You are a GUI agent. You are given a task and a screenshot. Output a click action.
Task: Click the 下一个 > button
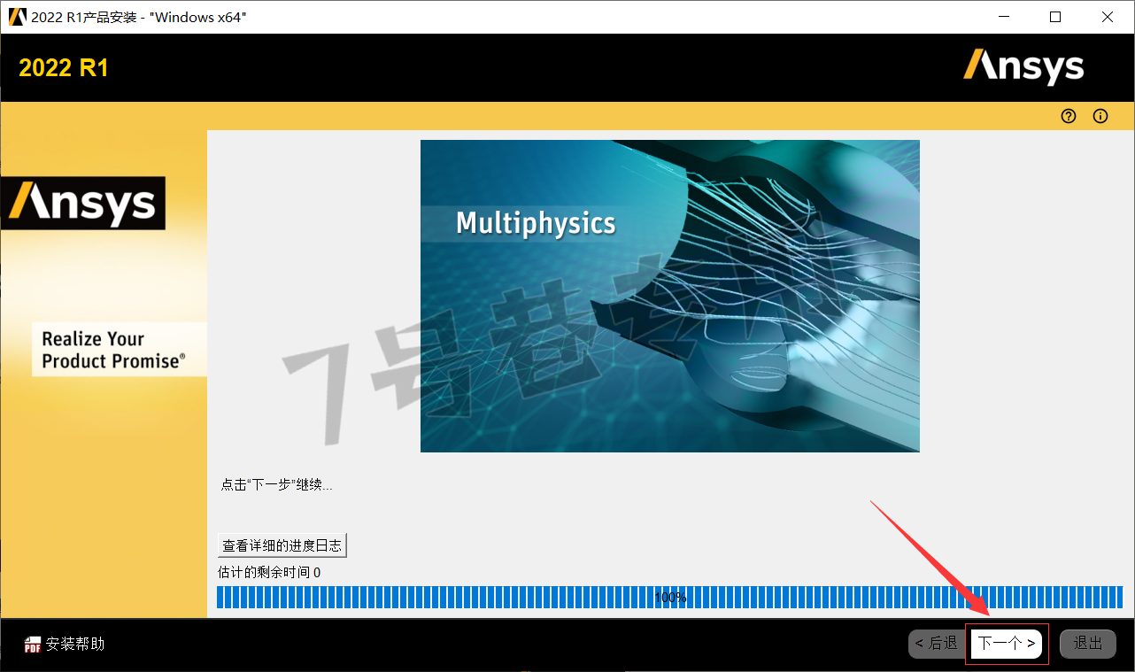pos(1007,644)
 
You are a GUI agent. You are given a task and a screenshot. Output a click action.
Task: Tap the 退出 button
pos(1088,644)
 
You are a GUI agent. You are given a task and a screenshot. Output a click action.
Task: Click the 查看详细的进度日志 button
pos(282,545)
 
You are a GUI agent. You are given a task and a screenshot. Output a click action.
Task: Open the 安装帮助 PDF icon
pos(33,645)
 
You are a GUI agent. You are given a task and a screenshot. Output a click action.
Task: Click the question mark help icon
pos(1068,116)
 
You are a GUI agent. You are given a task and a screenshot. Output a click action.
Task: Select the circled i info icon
pos(1100,116)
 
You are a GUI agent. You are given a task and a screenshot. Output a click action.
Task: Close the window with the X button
pos(1108,17)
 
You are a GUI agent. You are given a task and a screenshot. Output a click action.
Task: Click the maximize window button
pos(1055,17)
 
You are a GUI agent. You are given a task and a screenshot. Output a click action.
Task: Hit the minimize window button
pos(1004,17)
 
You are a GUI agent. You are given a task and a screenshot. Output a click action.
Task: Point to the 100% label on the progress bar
pos(670,598)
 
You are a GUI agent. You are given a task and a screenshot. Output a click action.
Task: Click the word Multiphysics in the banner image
pos(536,223)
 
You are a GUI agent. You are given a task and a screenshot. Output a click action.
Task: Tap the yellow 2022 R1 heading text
pos(64,68)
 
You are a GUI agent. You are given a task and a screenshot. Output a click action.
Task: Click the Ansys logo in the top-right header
pos(1023,67)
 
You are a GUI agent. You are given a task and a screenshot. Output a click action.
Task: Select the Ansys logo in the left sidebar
pos(83,204)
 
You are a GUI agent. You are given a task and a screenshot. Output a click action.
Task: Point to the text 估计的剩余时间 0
pos(269,573)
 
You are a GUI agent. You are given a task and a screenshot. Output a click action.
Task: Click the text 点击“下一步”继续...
pos(276,485)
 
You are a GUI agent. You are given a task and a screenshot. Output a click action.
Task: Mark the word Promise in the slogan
pos(146,361)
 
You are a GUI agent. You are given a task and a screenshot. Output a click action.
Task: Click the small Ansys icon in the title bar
pos(17,17)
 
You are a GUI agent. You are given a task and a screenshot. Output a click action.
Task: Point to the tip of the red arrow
pos(989,615)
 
